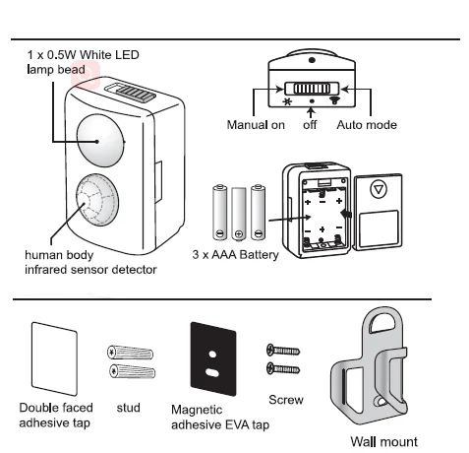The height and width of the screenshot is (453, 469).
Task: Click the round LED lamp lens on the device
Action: click(100, 141)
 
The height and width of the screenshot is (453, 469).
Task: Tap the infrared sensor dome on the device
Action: click(97, 200)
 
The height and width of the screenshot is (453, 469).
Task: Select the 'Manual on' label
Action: click(256, 125)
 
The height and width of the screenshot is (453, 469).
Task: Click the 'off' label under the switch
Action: click(310, 125)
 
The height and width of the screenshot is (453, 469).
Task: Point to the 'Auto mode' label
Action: click(367, 125)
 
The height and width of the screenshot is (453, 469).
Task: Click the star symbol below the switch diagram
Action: click(287, 101)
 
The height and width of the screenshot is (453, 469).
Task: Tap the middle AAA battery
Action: click(239, 214)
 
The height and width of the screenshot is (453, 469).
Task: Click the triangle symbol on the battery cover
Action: click(379, 189)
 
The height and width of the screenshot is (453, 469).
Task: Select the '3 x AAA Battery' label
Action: click(235, 255)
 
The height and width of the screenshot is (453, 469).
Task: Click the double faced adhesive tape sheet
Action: click(54, 358)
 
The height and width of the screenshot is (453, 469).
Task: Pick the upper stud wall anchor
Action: click(130, 353)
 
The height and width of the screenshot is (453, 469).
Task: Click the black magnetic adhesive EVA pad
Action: click(213, 358)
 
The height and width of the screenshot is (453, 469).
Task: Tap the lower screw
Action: click(283, 368)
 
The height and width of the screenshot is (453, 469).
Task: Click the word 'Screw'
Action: click(286, 400)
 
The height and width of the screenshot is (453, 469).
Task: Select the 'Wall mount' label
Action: click(383, 442)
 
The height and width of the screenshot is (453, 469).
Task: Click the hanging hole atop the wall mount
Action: click(382, 323)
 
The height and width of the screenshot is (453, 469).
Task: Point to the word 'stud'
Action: click(128, 408)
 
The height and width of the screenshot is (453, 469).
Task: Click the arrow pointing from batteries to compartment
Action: click(290, 218)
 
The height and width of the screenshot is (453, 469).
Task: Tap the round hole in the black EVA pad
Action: click(212, 355)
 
